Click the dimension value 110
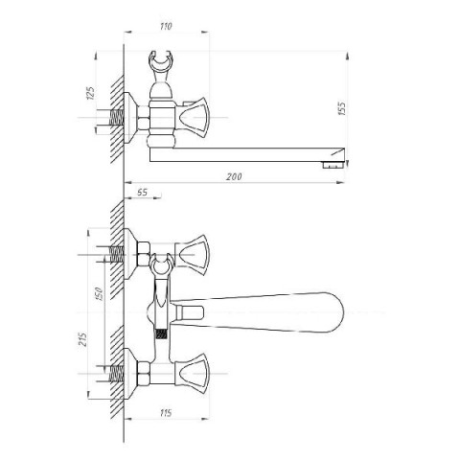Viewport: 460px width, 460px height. [x=166, y=26]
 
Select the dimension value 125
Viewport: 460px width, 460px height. [x=91, y=93]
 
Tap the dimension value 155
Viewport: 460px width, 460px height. [x=341, y=108]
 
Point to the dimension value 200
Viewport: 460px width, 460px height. [x=234, y=176]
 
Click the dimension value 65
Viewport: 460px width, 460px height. [x=142, y=193]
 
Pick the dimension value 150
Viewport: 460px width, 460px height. [x=100, y=294]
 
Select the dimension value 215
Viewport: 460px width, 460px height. [x=82, y=339]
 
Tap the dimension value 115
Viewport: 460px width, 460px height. [x=166, y=413]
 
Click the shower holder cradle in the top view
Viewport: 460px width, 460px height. [x=162, y=60]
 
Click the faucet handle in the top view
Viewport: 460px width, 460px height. [x=193, y=118]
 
